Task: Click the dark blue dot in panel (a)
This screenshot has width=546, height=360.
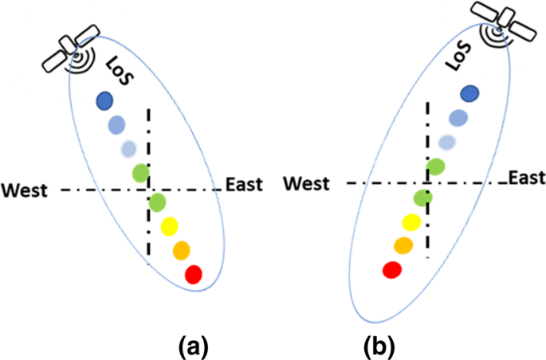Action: tap(104, 100)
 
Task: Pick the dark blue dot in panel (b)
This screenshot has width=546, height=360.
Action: tap(470, 93)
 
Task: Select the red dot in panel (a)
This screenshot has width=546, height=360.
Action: tap(194, 275)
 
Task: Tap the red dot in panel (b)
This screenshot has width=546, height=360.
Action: tap(391, 270)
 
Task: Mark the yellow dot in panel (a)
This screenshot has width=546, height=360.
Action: tap(170, 227)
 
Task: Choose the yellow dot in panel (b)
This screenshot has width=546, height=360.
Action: tap(411, 222)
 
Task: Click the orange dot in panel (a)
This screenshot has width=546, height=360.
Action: tap(181, 249)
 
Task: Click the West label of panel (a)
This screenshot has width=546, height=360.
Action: tap(25, 190)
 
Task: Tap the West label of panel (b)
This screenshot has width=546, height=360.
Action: tap(307, 184)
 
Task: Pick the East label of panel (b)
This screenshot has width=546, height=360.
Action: tap(526, 177)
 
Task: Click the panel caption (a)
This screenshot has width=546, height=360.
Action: tap(194, 346)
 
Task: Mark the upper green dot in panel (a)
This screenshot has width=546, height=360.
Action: tap(141, 170)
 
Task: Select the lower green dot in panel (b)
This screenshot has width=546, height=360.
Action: tap(423, 197)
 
